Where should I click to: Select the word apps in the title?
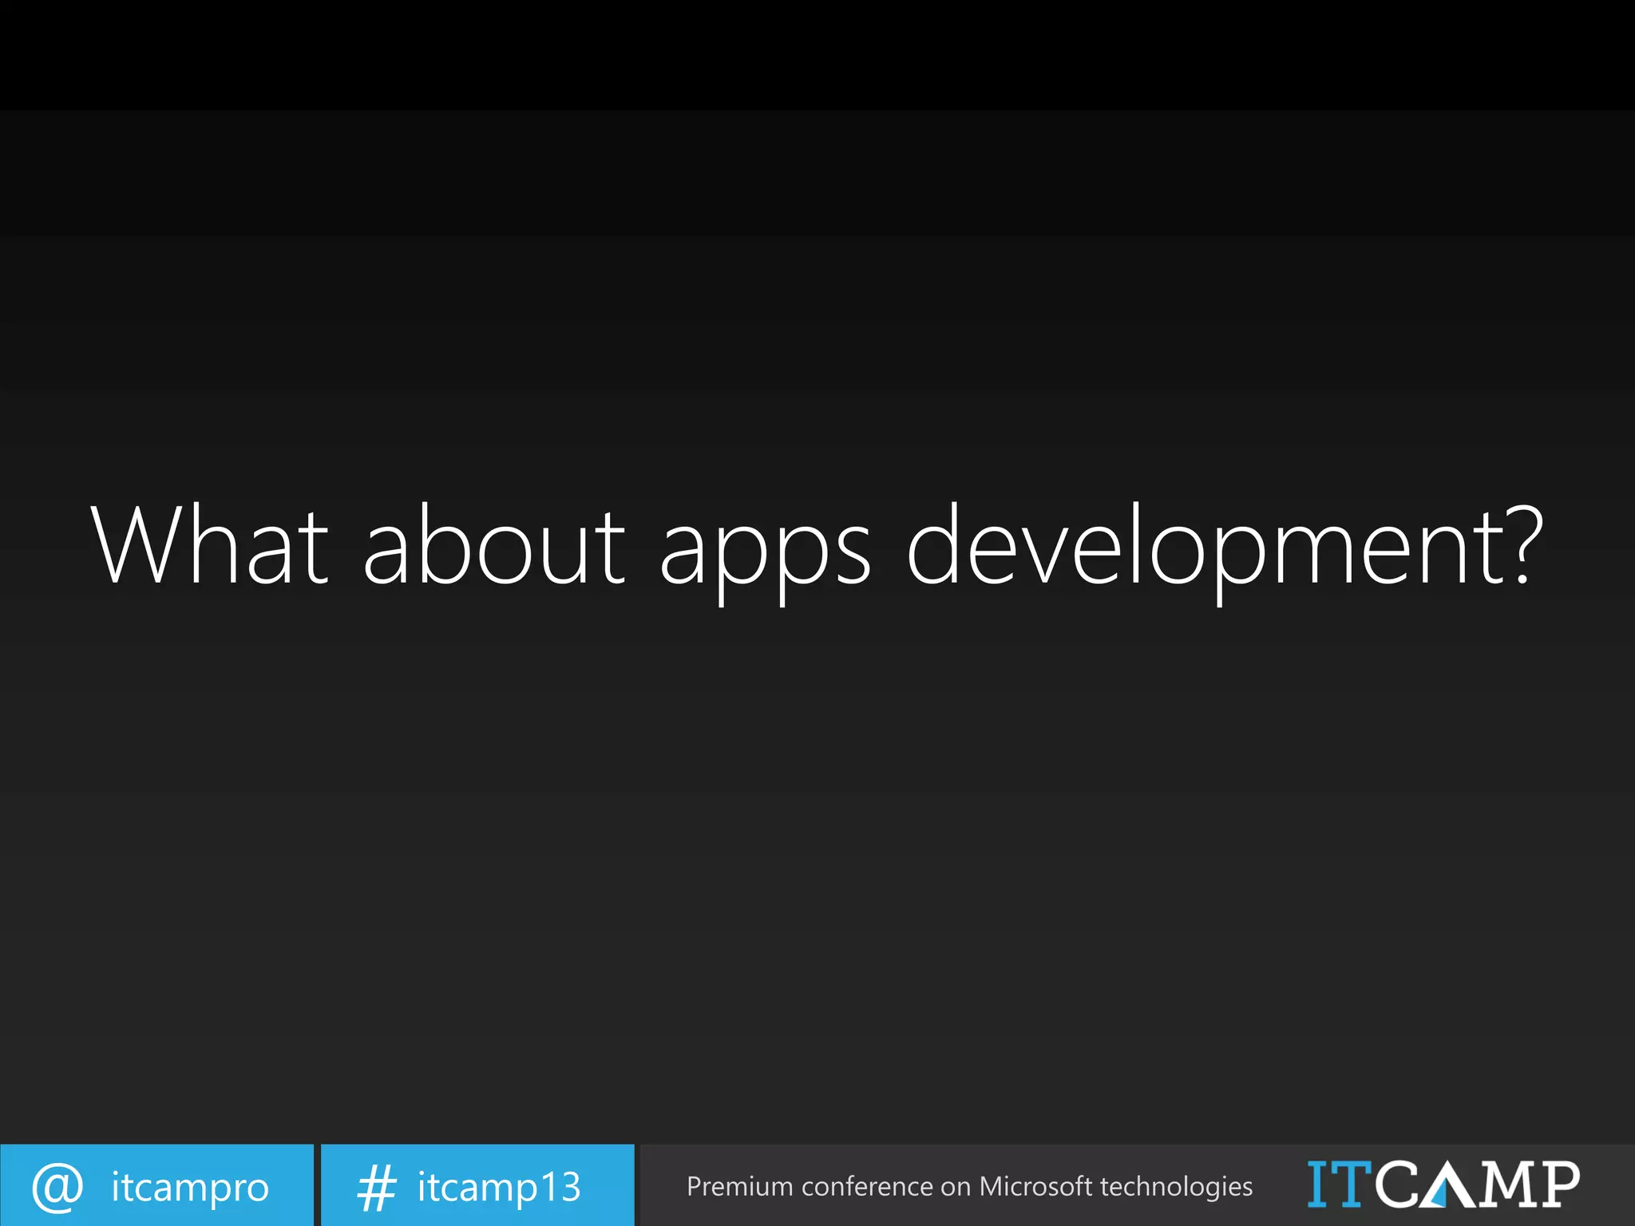click(765, 551)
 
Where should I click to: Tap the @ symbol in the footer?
click(57, 1187)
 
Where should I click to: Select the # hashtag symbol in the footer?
click(376, 1187)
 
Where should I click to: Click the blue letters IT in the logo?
click(1339, 1184)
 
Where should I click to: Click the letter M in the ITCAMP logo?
click(1505, 1184)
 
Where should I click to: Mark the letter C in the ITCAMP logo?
click(1399, 1184)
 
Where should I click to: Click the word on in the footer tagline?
click(956, 1188)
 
